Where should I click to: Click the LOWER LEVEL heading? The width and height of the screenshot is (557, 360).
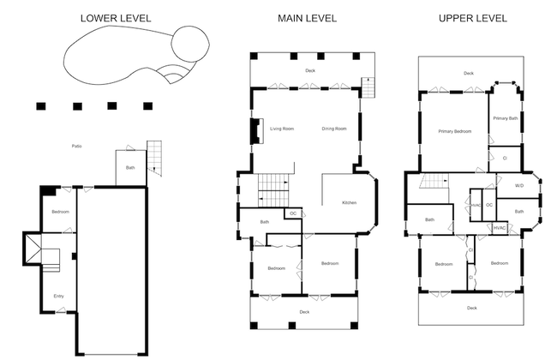tap(117, 18)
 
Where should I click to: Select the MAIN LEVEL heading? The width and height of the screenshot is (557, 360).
tap(307, 18)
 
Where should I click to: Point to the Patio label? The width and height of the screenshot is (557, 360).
tap(76, 147)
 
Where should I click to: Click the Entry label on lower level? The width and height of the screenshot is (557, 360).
tap(58, 297)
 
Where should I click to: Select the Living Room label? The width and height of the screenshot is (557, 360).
tap(282, 129)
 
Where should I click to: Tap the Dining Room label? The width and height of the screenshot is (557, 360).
tap(334, 129)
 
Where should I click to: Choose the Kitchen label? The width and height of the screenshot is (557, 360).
tap(349, 202)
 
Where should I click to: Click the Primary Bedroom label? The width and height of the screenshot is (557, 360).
tap(455, 131)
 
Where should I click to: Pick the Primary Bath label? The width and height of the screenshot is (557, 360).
tap(506, 118)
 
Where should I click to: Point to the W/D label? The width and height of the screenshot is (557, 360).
tap(519, 185)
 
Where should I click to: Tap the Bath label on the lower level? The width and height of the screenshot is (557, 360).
tap(130, 168)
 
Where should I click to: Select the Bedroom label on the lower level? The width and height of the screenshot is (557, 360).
tap(60, 212)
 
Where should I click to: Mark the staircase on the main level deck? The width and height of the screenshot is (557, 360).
tap(369, 87)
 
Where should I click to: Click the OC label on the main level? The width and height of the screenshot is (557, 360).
tap(293, 213)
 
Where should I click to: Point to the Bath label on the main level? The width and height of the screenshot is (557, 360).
tap(266, 223)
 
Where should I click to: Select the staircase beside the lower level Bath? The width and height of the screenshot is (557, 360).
tap(155, 158)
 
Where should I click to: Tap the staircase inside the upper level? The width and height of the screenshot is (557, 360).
tap(435, 181)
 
